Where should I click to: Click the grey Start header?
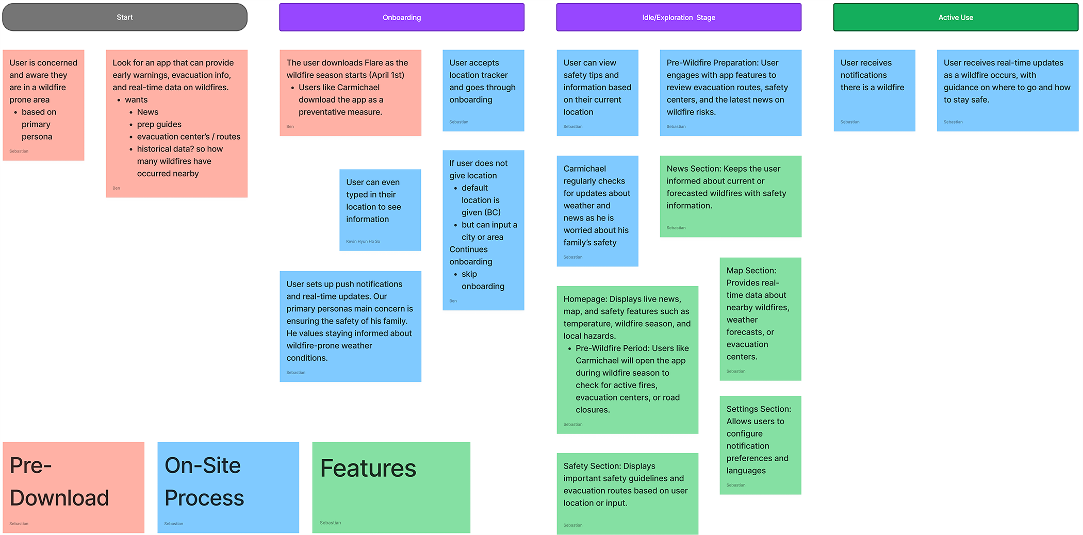tap(125, 17)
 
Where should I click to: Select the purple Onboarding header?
tap(402, 17)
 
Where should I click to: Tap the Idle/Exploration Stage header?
tap(679, 17)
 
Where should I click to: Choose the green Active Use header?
tap(956, 17)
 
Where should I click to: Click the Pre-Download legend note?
tap(73, 487)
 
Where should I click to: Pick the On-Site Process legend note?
tap(228, 487)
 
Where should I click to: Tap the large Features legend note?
tap(391, 487)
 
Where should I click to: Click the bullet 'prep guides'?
tap(159, 124)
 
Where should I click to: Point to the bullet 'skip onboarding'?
tap(482, 280)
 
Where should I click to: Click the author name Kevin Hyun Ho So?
tap(363, 241)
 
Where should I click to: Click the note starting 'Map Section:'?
tap(760, 319)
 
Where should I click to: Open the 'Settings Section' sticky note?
tap(760, 444)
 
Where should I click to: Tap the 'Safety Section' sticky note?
tap(627, 493)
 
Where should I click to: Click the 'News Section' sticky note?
tap(730, 196)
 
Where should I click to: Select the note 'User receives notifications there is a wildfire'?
tap(874, 90)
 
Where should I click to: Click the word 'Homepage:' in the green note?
tap(585, 299)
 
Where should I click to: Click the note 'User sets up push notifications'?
tap(350, 326)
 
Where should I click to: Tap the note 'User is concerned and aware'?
tap(43, 105)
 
